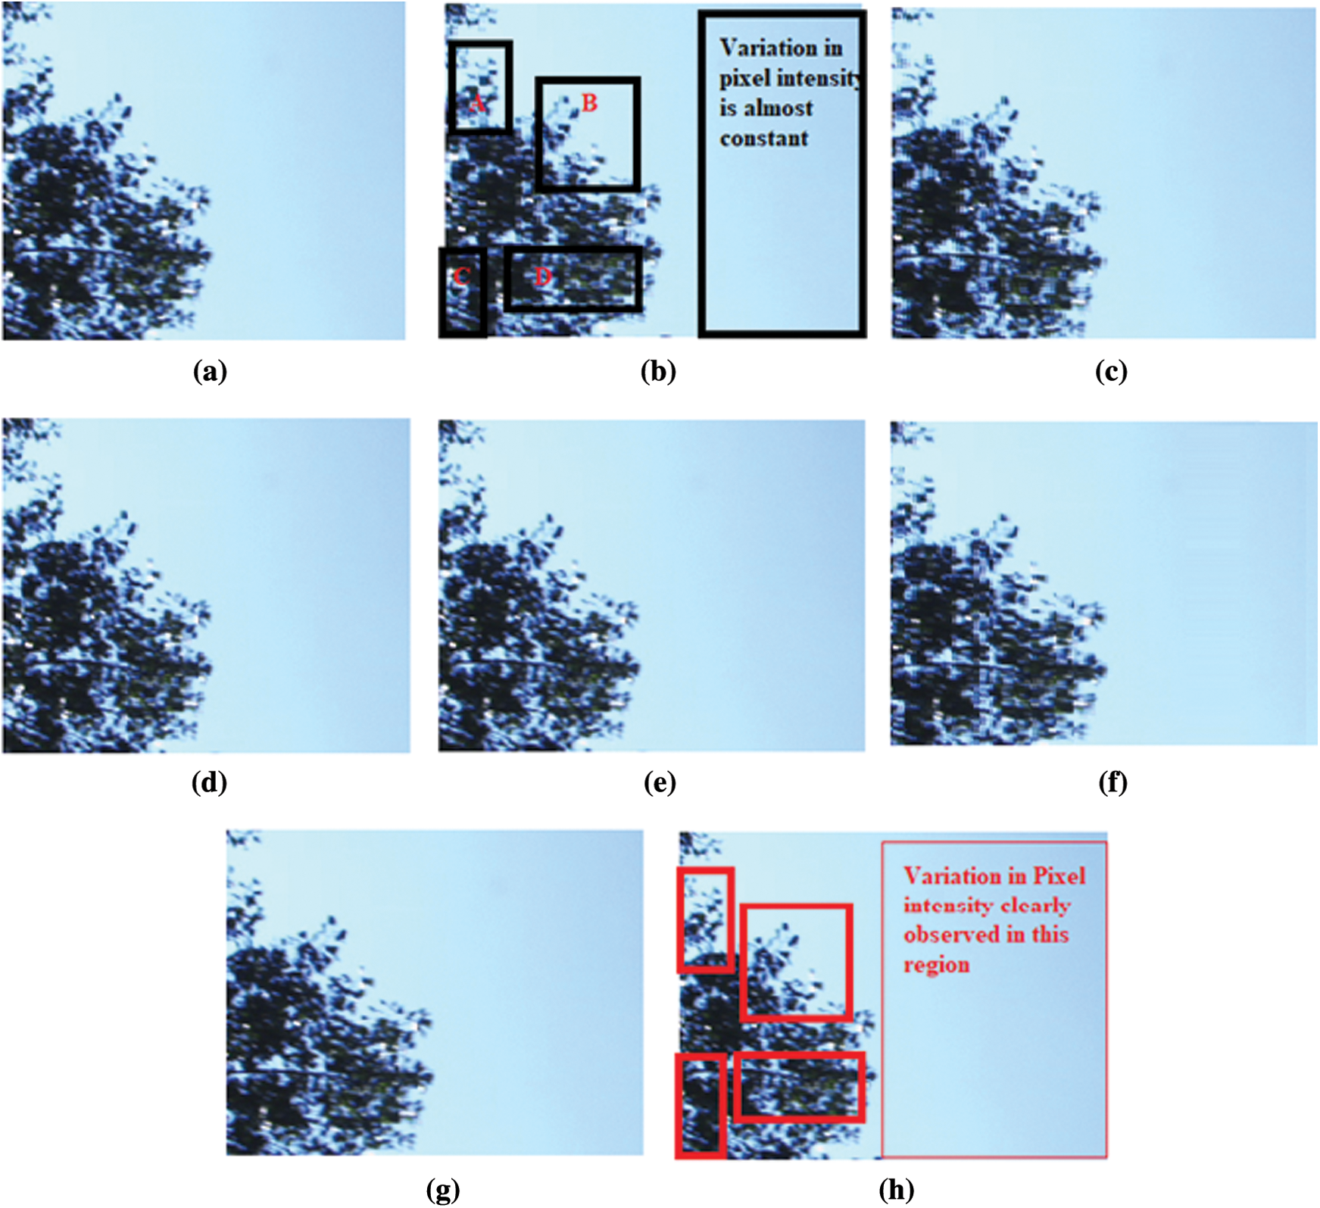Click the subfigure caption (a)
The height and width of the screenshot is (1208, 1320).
coord(210,371)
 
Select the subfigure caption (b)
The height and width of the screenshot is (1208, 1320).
coord(658,371)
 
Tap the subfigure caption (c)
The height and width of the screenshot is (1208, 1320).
coord(1111,371)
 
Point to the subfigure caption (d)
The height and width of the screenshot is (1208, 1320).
coord(209,782)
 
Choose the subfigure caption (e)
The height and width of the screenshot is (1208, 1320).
coord(660,782)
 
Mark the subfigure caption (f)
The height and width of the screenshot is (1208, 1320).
coord(1112,782)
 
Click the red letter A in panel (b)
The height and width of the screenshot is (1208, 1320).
coord(477,102)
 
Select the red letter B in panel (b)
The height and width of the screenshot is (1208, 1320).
coord(589,102)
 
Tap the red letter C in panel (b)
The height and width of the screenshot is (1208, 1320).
coord(461,276)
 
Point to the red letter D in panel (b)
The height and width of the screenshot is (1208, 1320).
coord(542,276)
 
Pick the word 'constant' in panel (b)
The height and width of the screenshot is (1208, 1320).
coord(764,139)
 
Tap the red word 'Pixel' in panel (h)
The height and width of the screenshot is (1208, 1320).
coord(1059,876)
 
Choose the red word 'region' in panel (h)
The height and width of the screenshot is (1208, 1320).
coord(937,966)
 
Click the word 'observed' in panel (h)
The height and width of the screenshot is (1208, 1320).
coord(951,935)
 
